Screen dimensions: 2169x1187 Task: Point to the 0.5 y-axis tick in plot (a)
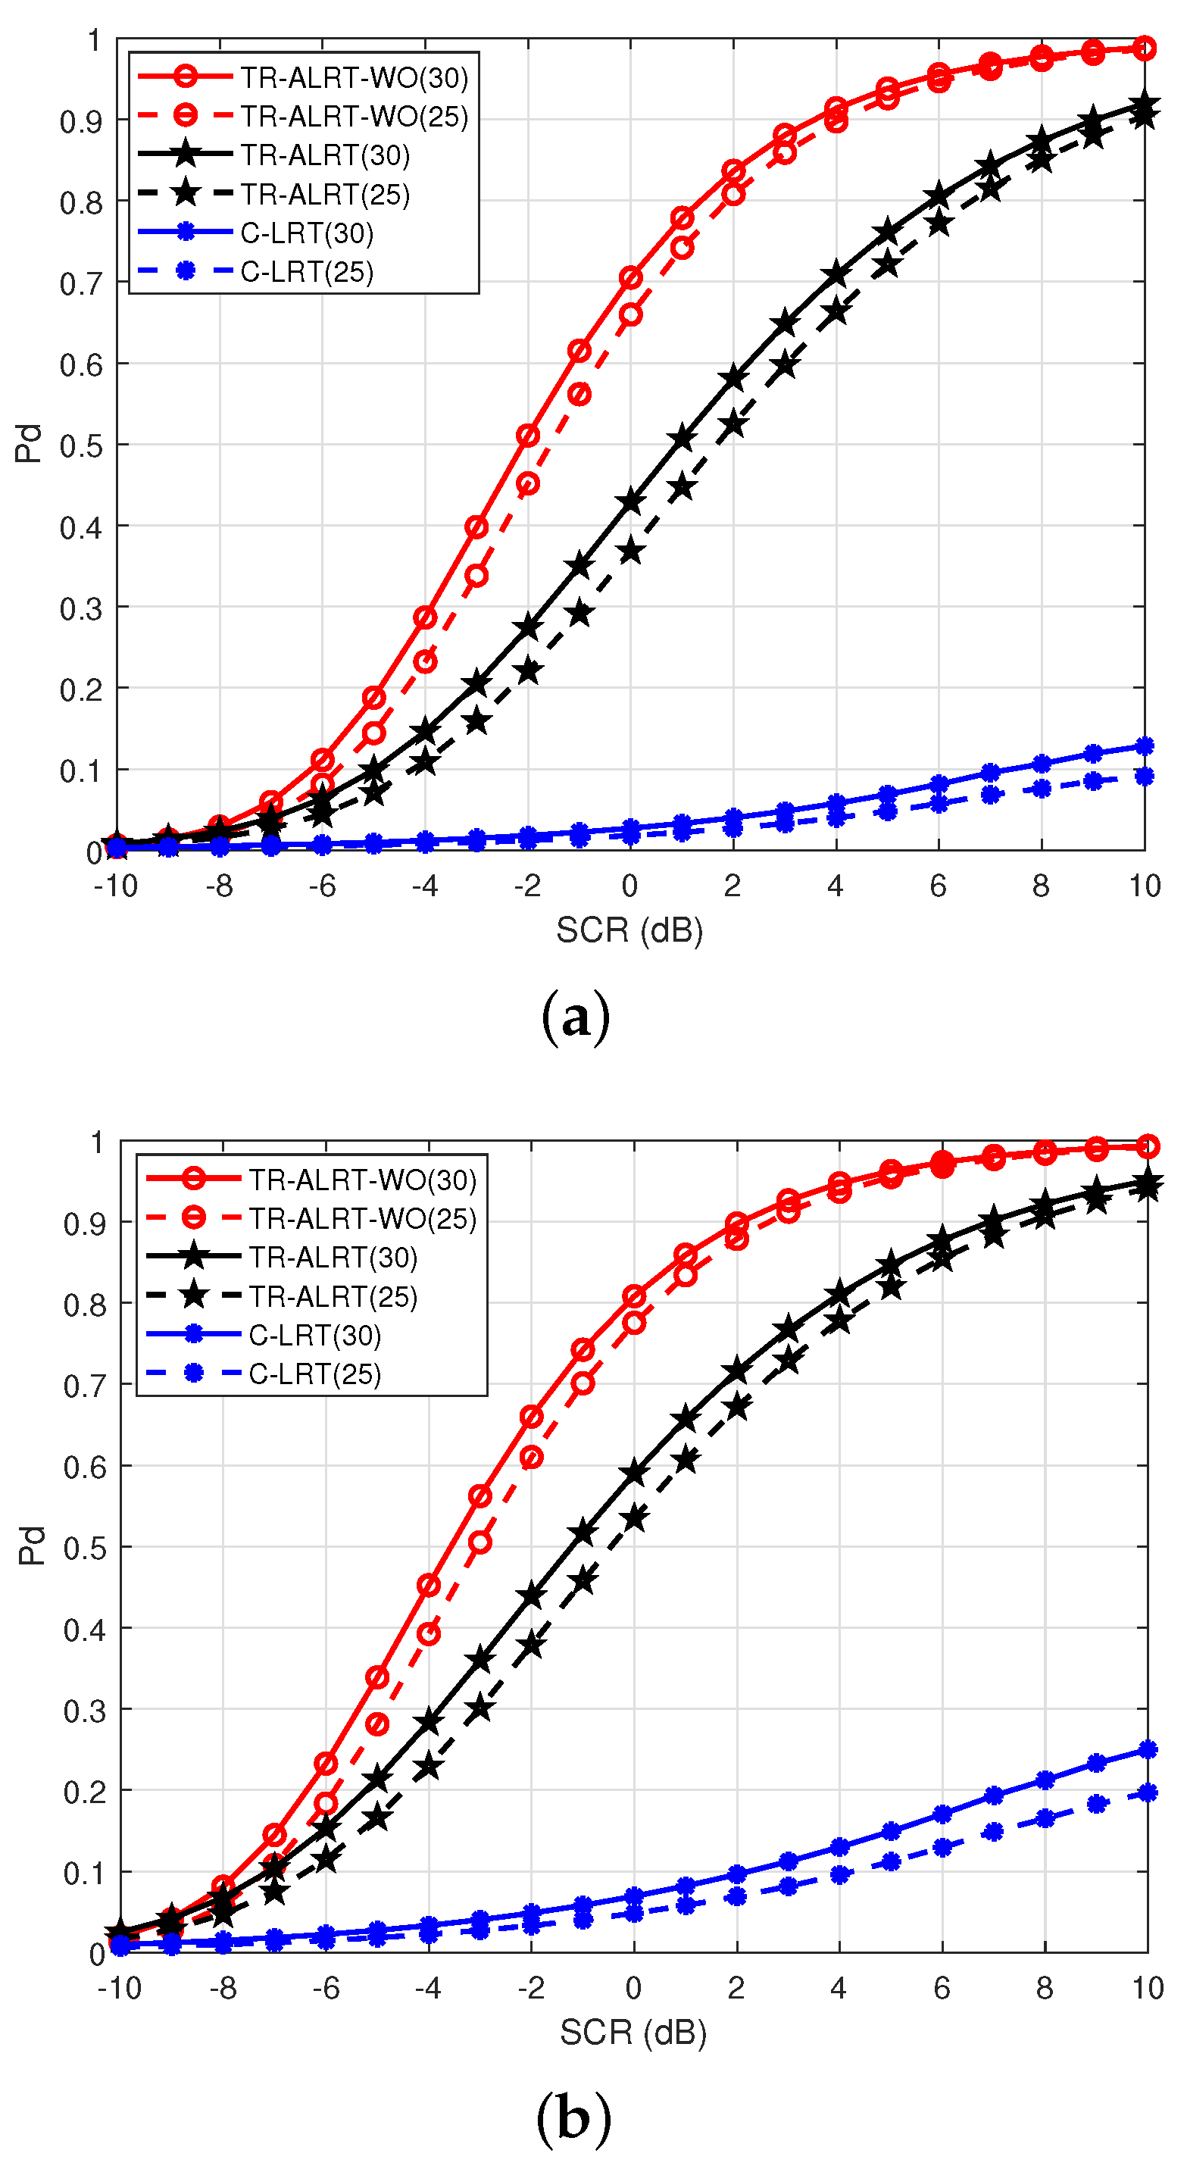pyautogui.click(x=82, y=445)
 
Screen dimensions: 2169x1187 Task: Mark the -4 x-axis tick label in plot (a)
pyautogui.click(x=424, y=886)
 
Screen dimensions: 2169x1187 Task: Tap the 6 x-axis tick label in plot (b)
pyautogui.click(x=941, y=1989)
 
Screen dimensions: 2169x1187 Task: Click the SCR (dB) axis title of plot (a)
pyautogui.click(x=629, y=930)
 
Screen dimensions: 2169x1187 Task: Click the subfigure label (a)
pyautogui.click(x=575, y=1018)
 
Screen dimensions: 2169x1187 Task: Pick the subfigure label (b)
pyautogui.click(x=573, y=2118)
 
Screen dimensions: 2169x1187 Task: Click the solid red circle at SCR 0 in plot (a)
pyautogui.click(x=630, y=278)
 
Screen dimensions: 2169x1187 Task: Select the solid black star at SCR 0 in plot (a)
pyautogui.click(x=630, y=502)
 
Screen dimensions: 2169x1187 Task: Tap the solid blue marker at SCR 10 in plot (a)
pyautogui.click(x=1144, y=746)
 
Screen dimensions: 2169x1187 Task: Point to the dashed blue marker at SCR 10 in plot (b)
pyautogui.click(x=1147, y=1793)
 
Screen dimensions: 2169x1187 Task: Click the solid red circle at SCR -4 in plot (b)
pyautogui.click(x=429, y=1586)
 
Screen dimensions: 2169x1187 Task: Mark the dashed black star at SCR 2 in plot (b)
pyautogui.click(x=736, y=1407)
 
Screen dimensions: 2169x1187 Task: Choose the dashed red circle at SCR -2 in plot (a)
pyautogui.click(x=528, y=484)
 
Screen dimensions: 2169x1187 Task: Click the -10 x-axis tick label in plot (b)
pyautogui.click(x=119, y=1989)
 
